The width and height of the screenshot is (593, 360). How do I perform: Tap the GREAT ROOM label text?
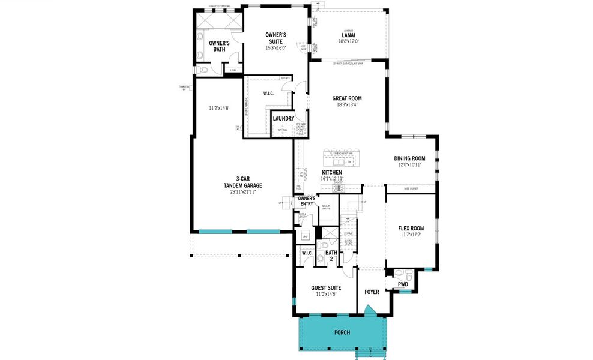point(347,98)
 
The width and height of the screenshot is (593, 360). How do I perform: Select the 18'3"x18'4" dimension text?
point(347,105)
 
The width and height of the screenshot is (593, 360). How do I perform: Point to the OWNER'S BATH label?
point(219,46)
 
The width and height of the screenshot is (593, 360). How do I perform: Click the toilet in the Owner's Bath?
point(203,70)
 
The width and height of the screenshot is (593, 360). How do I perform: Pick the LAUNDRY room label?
point(283,119)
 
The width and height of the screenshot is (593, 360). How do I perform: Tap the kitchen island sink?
point(336,161)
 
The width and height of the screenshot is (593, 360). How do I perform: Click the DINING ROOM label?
point(409,158)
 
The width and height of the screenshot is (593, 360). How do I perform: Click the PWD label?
point(403,284)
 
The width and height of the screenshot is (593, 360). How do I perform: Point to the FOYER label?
point(372,292)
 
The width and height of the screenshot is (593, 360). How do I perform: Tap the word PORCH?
point(342,332)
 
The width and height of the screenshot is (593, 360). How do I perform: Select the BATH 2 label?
point(331,256)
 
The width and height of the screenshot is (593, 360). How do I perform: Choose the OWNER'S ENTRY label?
point(307,201)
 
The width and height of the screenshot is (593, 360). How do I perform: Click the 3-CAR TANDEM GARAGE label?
point(242,182)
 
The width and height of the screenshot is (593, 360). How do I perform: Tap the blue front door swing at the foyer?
point(371,310)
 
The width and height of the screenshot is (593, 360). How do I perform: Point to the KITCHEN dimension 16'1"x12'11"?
point(331,179)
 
